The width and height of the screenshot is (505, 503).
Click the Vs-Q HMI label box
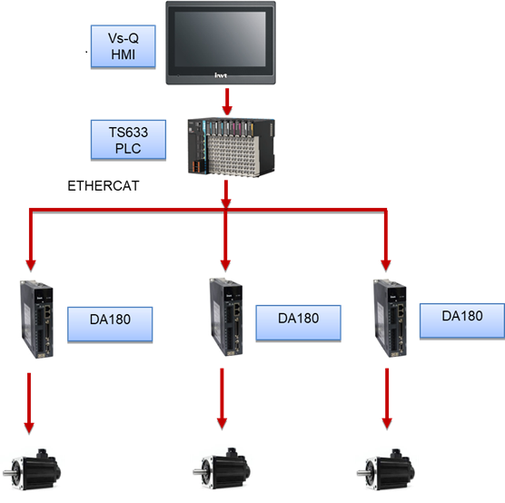(123, 46)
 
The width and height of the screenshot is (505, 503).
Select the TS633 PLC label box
(128, 140)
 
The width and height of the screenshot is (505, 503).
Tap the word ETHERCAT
(104, 186)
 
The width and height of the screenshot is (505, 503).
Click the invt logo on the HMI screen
(221, 75)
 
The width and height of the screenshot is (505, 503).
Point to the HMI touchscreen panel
(221, 43)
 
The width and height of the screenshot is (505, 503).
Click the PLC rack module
(232, 147)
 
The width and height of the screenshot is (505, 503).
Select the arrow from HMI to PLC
(227, 102)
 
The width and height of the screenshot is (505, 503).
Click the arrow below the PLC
(226, 194)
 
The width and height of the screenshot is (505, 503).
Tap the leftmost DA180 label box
(110, 324)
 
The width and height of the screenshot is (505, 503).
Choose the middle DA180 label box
(298, 322)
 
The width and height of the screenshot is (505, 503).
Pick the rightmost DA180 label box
(462, 321)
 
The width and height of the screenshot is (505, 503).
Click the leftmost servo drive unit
(36, 319)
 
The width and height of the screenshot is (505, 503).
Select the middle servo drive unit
(226, 317)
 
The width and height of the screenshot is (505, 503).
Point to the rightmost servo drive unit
(390, 318)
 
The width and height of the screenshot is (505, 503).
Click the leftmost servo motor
(32, 469)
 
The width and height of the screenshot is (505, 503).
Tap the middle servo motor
(222, 468)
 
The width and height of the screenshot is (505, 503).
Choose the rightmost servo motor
(386, 469)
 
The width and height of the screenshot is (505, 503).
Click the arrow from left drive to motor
(29, 403)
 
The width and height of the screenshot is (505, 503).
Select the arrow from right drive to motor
(387, 399)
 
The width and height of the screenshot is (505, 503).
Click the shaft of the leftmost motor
(8, 473)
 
